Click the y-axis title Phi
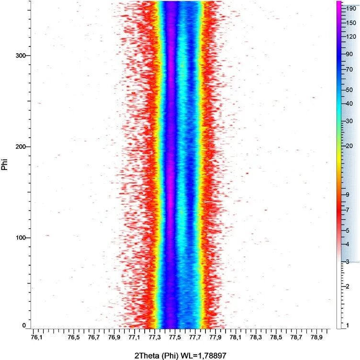(5, 165)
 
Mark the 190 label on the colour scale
(351, 8)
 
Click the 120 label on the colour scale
(351, 37)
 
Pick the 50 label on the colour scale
(349, 90)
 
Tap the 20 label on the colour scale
(349, 146)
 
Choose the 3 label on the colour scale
(348, 261)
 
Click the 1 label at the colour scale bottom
(348, 326)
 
